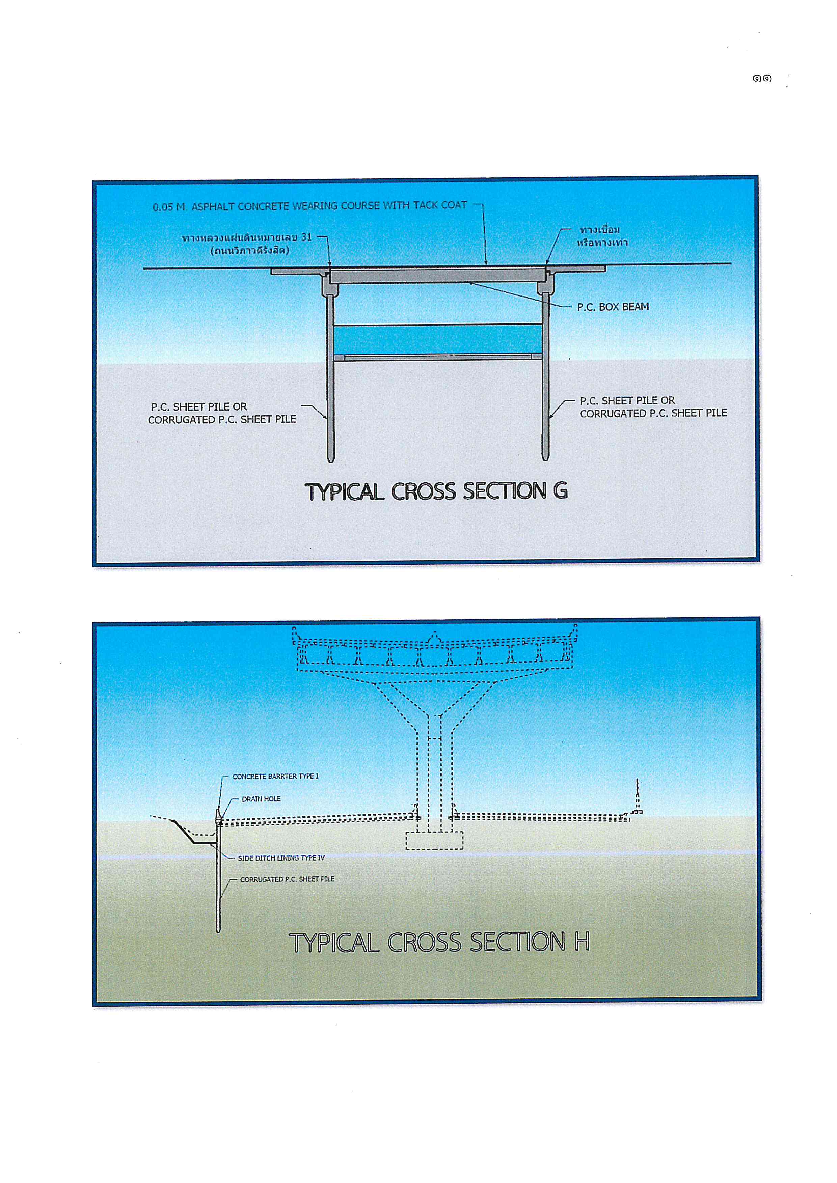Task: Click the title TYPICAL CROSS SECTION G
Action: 436,491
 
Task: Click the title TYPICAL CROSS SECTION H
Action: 439,942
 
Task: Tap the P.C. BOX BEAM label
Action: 613,307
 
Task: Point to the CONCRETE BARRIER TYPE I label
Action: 276,777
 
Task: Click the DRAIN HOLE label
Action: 261,799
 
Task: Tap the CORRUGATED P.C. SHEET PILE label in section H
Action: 287,879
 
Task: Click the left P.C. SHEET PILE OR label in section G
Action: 199,407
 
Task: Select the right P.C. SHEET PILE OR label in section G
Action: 627,400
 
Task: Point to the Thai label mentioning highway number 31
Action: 247,237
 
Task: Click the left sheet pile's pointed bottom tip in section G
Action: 331,461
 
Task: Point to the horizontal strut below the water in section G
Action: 438,357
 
